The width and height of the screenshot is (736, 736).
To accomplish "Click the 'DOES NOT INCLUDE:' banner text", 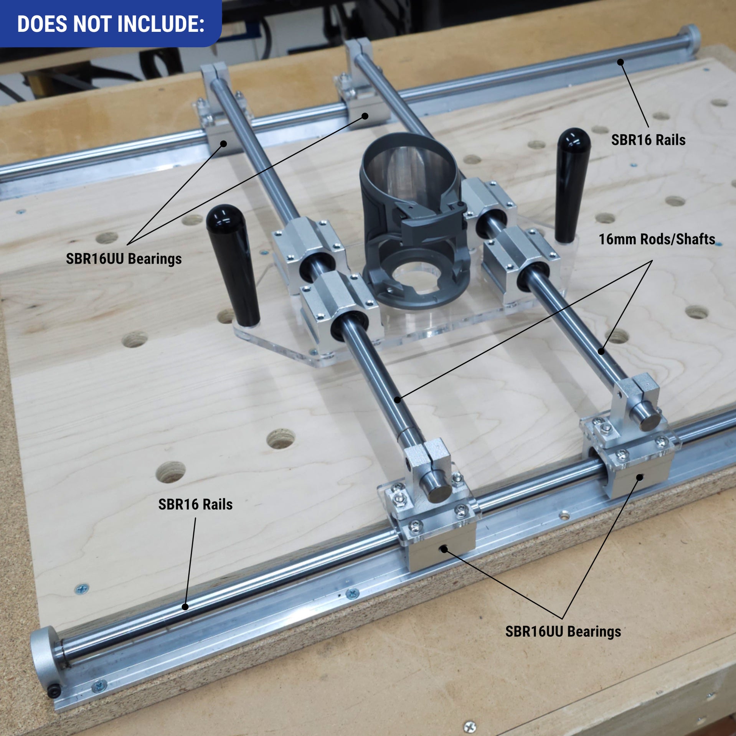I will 111,24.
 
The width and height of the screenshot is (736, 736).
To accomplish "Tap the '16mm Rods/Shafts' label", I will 657,239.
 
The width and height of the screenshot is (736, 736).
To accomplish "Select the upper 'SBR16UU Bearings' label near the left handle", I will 124,259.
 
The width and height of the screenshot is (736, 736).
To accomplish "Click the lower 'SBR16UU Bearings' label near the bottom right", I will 563,631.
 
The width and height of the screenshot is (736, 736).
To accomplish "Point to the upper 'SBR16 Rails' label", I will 648,140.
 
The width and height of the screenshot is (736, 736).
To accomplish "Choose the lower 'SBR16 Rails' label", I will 195,504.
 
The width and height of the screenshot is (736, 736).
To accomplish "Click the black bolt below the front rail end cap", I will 54,691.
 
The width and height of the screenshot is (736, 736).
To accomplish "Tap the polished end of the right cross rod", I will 649,420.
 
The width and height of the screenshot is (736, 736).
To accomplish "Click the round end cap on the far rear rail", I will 693,36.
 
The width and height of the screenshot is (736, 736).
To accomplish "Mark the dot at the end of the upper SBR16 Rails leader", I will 620,62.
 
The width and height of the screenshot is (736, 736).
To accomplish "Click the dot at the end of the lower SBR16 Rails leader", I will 185,607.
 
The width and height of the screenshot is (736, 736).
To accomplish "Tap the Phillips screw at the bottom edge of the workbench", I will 470,726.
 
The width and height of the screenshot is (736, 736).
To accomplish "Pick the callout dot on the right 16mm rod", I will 601,351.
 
